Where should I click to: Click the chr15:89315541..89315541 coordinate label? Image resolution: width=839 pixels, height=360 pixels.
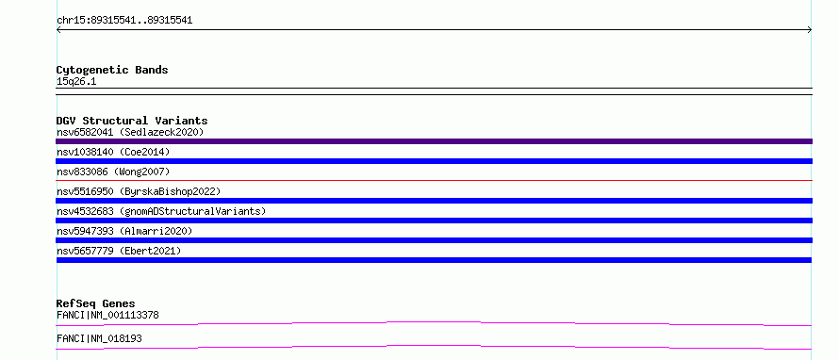point(124,21)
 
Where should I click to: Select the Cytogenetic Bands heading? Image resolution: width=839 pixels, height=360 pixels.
point(112,70)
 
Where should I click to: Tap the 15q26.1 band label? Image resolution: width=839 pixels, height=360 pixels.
point(76,82)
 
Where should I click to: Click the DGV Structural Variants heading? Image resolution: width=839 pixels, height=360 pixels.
point(132,121)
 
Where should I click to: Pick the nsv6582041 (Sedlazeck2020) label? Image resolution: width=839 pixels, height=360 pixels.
point(130,132)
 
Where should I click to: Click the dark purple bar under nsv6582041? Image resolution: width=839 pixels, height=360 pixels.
point(434,141)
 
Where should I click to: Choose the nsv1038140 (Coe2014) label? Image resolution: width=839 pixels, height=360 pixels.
point(113,152)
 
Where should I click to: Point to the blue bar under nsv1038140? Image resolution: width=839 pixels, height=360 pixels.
point(434,161)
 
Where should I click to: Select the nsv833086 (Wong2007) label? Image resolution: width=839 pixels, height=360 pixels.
point(113,172)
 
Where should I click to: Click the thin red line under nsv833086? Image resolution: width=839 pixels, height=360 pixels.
point(434,180)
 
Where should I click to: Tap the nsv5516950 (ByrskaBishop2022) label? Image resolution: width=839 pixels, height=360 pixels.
point(139,191)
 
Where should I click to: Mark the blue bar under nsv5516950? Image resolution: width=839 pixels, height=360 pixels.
point(434,201)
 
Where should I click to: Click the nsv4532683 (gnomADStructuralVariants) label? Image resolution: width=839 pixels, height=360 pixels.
point(161,211)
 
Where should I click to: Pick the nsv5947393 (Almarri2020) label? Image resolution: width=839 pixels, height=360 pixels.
point(124,231)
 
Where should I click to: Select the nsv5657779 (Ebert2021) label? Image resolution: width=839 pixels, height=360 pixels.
point(119,251)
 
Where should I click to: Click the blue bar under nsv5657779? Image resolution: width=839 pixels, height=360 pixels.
point(434,260)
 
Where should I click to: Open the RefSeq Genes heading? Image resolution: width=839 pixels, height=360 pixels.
point(96,303)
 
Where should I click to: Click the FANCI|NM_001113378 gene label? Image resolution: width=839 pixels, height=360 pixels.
point(107,315)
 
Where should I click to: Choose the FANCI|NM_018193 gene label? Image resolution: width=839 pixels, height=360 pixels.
point(99,338)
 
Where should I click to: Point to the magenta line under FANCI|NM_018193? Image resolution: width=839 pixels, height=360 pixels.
point(434,346)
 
